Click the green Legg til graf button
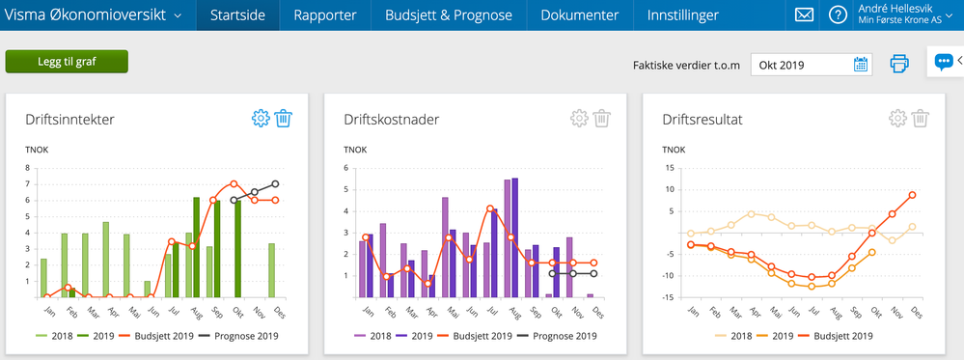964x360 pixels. click(67, 62)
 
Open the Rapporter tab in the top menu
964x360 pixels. click(324, 15)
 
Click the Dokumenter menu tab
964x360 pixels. click(579, 15)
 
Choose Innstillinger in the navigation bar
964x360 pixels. click(681, 15)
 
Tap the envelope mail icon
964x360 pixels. click(804, 15)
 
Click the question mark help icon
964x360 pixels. click(838, 15)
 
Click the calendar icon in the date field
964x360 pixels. click(861, 65)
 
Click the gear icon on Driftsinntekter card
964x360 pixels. click(260, 119)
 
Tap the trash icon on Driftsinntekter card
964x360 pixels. click(284, 119)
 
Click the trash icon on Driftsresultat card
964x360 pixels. click(921, 119)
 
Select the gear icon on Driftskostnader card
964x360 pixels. click(579, 119)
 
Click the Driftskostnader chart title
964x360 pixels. click(392, 120)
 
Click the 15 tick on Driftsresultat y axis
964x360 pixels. click(669, 168)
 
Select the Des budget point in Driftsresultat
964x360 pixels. click(912, 195)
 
